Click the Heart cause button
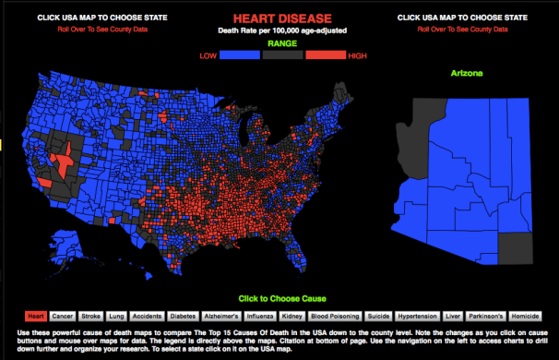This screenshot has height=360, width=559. (x=36, y=315)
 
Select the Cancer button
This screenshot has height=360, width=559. (x=63, y=315)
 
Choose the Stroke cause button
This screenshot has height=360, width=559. (x=90, y=315)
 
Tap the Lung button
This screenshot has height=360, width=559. (x=116, y=315)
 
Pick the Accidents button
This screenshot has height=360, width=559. (x=147, y=315)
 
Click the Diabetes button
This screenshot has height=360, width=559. (x=184, y=315)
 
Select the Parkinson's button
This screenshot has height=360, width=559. (x=484, y=315)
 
